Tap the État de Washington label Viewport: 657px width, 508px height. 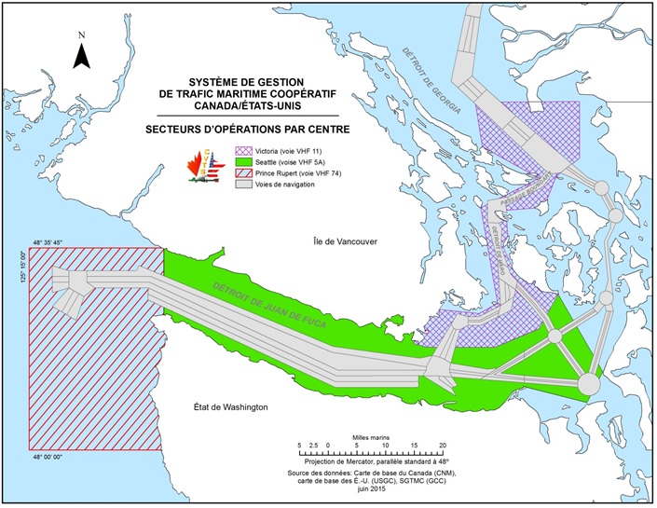[218, 407]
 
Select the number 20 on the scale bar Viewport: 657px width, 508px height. [443, 444]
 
